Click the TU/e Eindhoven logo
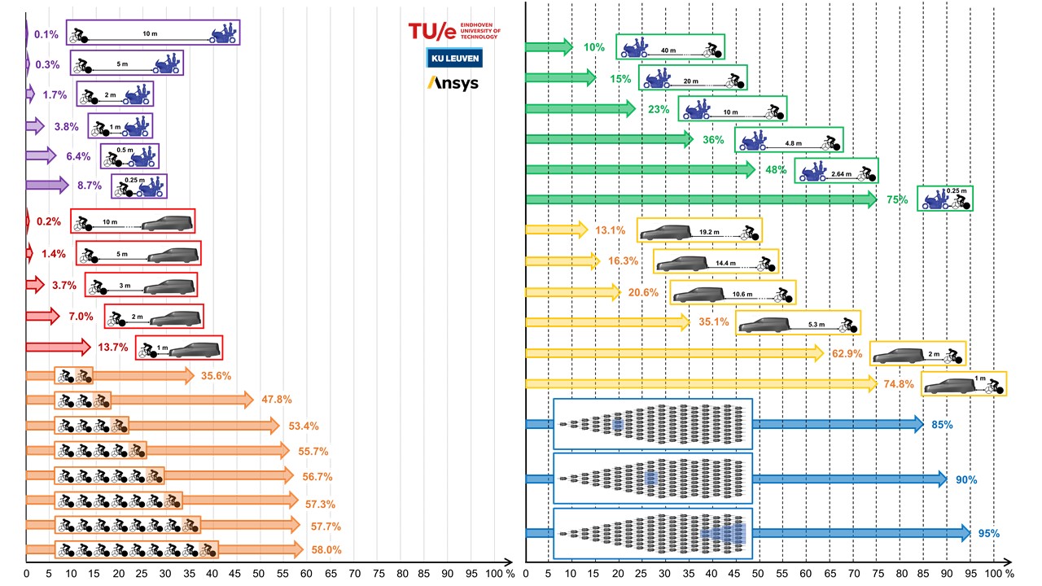454,31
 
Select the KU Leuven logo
454,58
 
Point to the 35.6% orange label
216,376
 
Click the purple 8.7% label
89,186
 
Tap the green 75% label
895,200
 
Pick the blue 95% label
988,534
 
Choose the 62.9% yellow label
847,354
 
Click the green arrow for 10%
549,47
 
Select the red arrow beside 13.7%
58,348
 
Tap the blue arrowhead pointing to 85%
916,424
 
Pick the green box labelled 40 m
670,47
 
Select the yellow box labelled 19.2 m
699,230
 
